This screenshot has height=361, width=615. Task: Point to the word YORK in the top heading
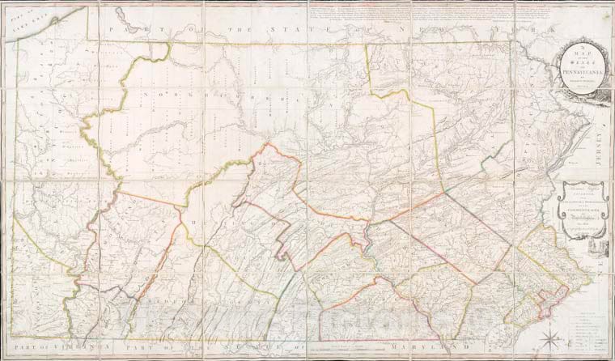(534, 32)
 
